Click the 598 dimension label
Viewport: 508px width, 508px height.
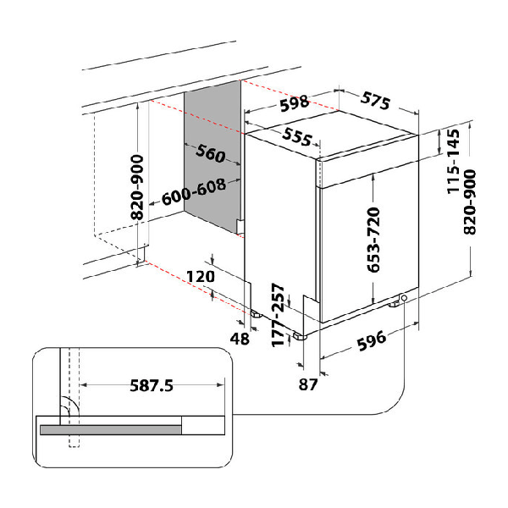[x=295, y=103]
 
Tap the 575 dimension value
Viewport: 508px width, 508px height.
[x=375, y=101]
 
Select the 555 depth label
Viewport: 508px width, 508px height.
[x=297, y=136]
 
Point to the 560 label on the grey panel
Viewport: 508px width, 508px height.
[x=211, y=153]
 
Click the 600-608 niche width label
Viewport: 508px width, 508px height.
[x=194, y=192]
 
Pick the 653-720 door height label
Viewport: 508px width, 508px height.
[x=373, y=240]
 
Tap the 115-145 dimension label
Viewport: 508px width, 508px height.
[x=453, y=162]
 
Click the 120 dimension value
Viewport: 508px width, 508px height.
[x=201, y=276]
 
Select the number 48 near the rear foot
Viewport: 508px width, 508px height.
[x=240, y=339]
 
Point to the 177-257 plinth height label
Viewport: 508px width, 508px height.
[x=278, y=315]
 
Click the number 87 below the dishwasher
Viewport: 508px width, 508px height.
[x=308, y=384]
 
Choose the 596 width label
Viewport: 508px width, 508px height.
[x=372, y=340]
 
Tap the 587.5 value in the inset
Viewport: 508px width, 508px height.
[x=152, y=385]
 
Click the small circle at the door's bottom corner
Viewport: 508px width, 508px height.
[x=404, y=297]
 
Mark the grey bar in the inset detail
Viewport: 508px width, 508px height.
[x=111, y=429]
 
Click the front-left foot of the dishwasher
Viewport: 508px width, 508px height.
[x=301, y=337]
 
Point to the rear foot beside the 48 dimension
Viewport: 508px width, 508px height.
[x=256, y=313]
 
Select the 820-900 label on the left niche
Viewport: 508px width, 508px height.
[x=137, y=187]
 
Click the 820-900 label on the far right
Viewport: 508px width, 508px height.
[x=470, y=202]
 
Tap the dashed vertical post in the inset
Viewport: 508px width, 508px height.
[x=75, y=398]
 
